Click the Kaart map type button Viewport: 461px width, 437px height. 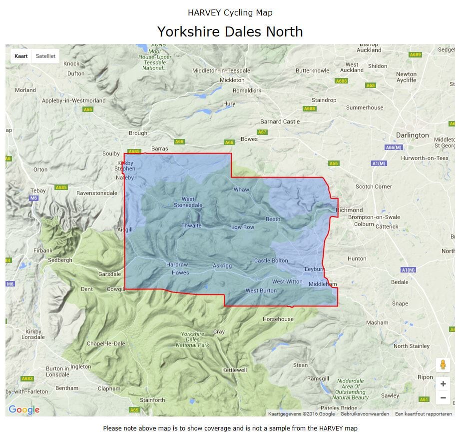coord(21,56)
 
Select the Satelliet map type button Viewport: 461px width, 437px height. coord(45,56)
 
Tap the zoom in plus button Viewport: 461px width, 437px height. coord(443,383)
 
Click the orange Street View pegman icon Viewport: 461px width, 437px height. coord(443,364)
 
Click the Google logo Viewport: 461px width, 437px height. coord(24,409)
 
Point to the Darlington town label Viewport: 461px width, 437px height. coord(412,135)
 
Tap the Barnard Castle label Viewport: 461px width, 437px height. coord(280,121)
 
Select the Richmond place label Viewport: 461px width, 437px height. coord(350,210)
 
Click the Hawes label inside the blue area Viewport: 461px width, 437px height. coord(180,272)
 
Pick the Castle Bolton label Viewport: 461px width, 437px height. coord(271,260)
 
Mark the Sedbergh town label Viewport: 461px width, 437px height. coord(60,260)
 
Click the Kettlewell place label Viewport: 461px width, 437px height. coord(234,370)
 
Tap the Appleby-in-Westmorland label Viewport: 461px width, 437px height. coord(73,100)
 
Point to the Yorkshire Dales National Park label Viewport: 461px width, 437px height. coord(196,339)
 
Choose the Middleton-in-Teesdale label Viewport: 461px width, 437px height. coord(221,70)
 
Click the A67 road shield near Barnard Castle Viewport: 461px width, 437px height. coord(262,132)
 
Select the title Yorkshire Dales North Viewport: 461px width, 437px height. coord(230,31)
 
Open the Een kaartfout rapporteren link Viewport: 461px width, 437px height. coord(423,413)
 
